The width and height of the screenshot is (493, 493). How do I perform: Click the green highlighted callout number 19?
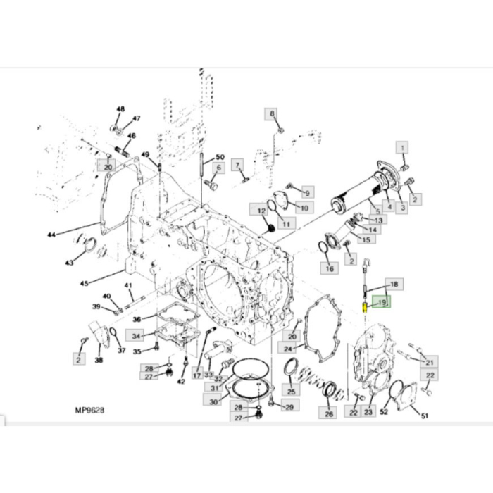tap(383, 303)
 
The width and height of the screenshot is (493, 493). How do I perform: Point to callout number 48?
tap(120, 109)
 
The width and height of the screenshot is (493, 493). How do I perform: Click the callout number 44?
tap(50, 235)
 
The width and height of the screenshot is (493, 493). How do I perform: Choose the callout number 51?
tap(425, 416)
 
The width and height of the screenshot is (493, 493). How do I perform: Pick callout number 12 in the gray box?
tap(261, 210)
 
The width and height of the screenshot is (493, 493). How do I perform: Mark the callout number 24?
tap(287, 348)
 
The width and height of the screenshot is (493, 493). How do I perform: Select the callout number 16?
tap(328, 268)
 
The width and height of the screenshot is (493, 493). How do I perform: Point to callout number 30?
tap(213, 401)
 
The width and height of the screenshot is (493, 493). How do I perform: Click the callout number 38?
tap(99, 360)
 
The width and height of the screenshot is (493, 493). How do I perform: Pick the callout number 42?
tap(181, 381)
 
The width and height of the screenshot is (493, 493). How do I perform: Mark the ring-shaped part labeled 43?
tap(89, 244)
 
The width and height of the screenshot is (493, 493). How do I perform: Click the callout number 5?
tap(377, 210)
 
